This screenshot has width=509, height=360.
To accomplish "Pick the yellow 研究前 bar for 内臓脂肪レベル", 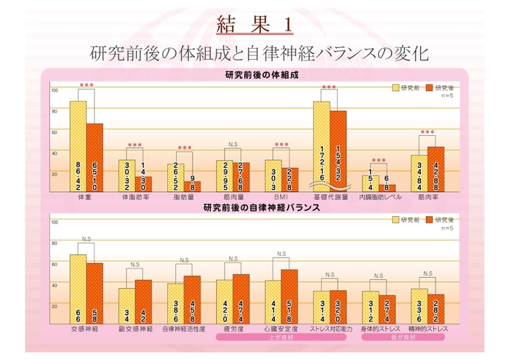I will (x=370, y=183).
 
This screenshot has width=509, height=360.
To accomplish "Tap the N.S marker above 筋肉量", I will (x=233, y=144).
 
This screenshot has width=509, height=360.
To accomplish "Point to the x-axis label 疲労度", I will (x=233, y=329).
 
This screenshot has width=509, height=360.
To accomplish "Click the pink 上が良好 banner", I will (x=281, y=337).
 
